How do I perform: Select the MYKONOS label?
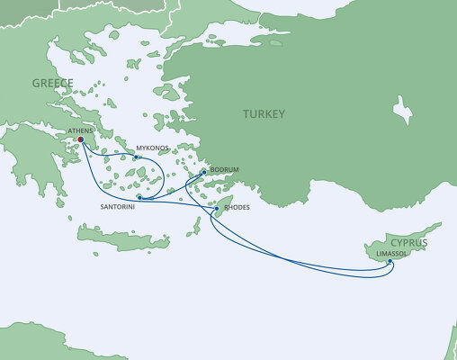coord(153,148)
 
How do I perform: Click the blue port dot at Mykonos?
coord(136,158)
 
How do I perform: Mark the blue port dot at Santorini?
coord(140,196)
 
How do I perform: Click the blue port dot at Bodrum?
coord(204,172)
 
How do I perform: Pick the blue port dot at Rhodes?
coord(216,209)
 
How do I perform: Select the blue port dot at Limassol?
coord(390,262)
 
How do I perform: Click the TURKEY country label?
coord(263,114)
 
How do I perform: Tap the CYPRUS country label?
coord(408,242)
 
